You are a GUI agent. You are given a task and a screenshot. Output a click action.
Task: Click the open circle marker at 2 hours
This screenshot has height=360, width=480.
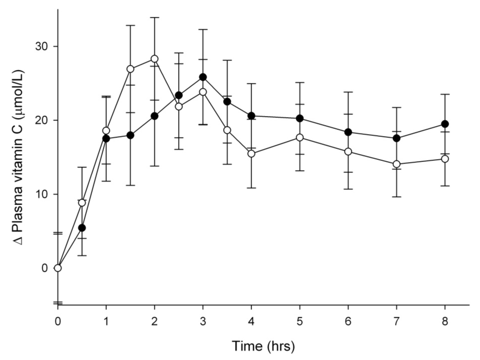tap(155, 59)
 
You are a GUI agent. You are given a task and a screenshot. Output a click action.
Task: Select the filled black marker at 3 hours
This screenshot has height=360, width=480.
tap(203, 77)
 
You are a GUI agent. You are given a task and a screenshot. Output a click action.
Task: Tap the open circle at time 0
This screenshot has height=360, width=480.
tap(58, 268)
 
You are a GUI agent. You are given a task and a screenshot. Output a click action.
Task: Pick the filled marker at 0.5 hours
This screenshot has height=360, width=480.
tap(82, 228)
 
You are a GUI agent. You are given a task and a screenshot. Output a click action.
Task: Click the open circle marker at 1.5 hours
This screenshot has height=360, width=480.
tap(130, 69)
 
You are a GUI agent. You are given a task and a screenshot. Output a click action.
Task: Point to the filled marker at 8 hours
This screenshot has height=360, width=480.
tap(445, 124)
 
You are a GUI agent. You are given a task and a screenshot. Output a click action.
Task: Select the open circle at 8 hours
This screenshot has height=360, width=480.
tap(445, 158)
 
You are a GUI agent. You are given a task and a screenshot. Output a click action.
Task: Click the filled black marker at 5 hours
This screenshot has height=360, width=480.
tap(300, 118)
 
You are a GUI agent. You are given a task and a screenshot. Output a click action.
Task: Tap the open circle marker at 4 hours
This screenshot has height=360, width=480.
tap(251, 153)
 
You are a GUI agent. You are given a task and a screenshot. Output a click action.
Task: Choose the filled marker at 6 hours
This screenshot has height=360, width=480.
tap(348, 132)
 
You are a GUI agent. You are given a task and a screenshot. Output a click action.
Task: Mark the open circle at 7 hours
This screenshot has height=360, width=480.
tap(397, 164)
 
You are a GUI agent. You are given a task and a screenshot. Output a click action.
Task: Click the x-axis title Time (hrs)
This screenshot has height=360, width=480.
tap(263, 346)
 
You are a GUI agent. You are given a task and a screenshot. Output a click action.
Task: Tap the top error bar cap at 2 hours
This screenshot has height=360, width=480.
tap(155, 17)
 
